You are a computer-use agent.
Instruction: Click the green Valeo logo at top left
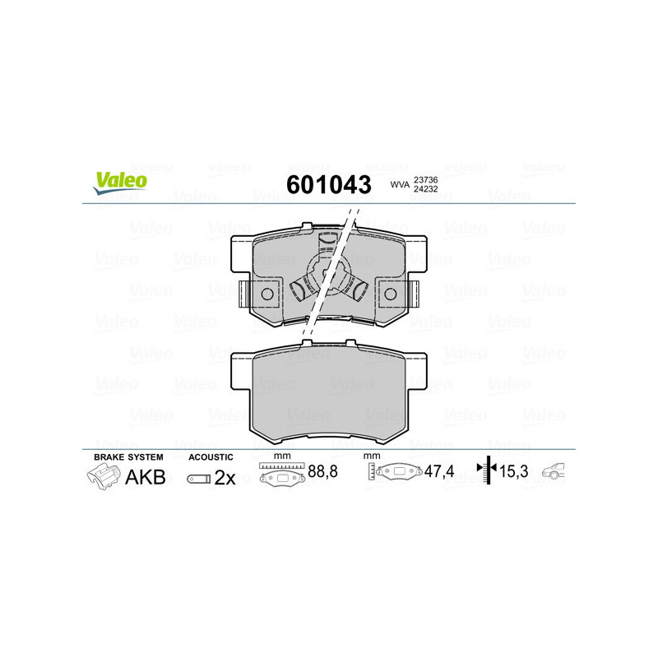click(120, 183)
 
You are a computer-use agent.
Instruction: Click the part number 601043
click(328, 184)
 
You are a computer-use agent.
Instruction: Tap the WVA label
click(399, 185)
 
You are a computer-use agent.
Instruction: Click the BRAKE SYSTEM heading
click(128, 456)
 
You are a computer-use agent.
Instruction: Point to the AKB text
click(145, 476)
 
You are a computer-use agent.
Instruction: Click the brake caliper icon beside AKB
click(103, 476)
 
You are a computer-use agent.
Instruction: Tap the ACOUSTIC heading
click(211, 456)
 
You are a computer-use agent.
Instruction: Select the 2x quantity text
click(225, 478)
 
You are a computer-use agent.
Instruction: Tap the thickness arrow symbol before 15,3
click(488, 470)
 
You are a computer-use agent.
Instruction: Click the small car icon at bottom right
click(558, 471)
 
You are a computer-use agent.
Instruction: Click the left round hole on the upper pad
click(266, 294)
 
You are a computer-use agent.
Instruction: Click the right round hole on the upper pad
click(391, 294)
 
